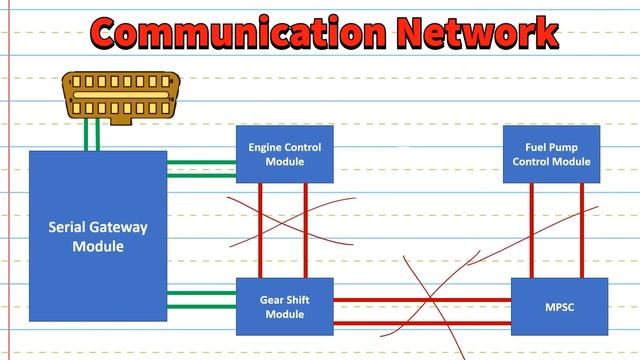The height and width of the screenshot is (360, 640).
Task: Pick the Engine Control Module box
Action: click(x=284, y=154)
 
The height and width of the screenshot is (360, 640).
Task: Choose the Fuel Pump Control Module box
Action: click(x=551, y=154)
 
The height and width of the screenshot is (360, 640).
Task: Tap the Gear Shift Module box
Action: click(x=284, y=306)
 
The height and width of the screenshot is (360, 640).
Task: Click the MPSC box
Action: click(x=559, y=306)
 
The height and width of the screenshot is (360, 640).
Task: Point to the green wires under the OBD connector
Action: click(x=92, y=135)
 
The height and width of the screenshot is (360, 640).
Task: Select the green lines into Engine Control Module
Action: click(x=201, y=167)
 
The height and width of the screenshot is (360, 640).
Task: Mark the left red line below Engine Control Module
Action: click(x=261, y=230)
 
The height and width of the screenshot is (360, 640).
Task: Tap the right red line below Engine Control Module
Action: click(x=308, y=230)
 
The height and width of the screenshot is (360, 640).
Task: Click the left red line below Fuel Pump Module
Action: click(x=531, y=230)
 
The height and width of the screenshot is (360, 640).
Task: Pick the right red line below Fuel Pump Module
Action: click(x=581, y=230)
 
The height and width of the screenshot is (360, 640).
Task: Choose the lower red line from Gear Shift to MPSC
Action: click(x=420, y=322)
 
